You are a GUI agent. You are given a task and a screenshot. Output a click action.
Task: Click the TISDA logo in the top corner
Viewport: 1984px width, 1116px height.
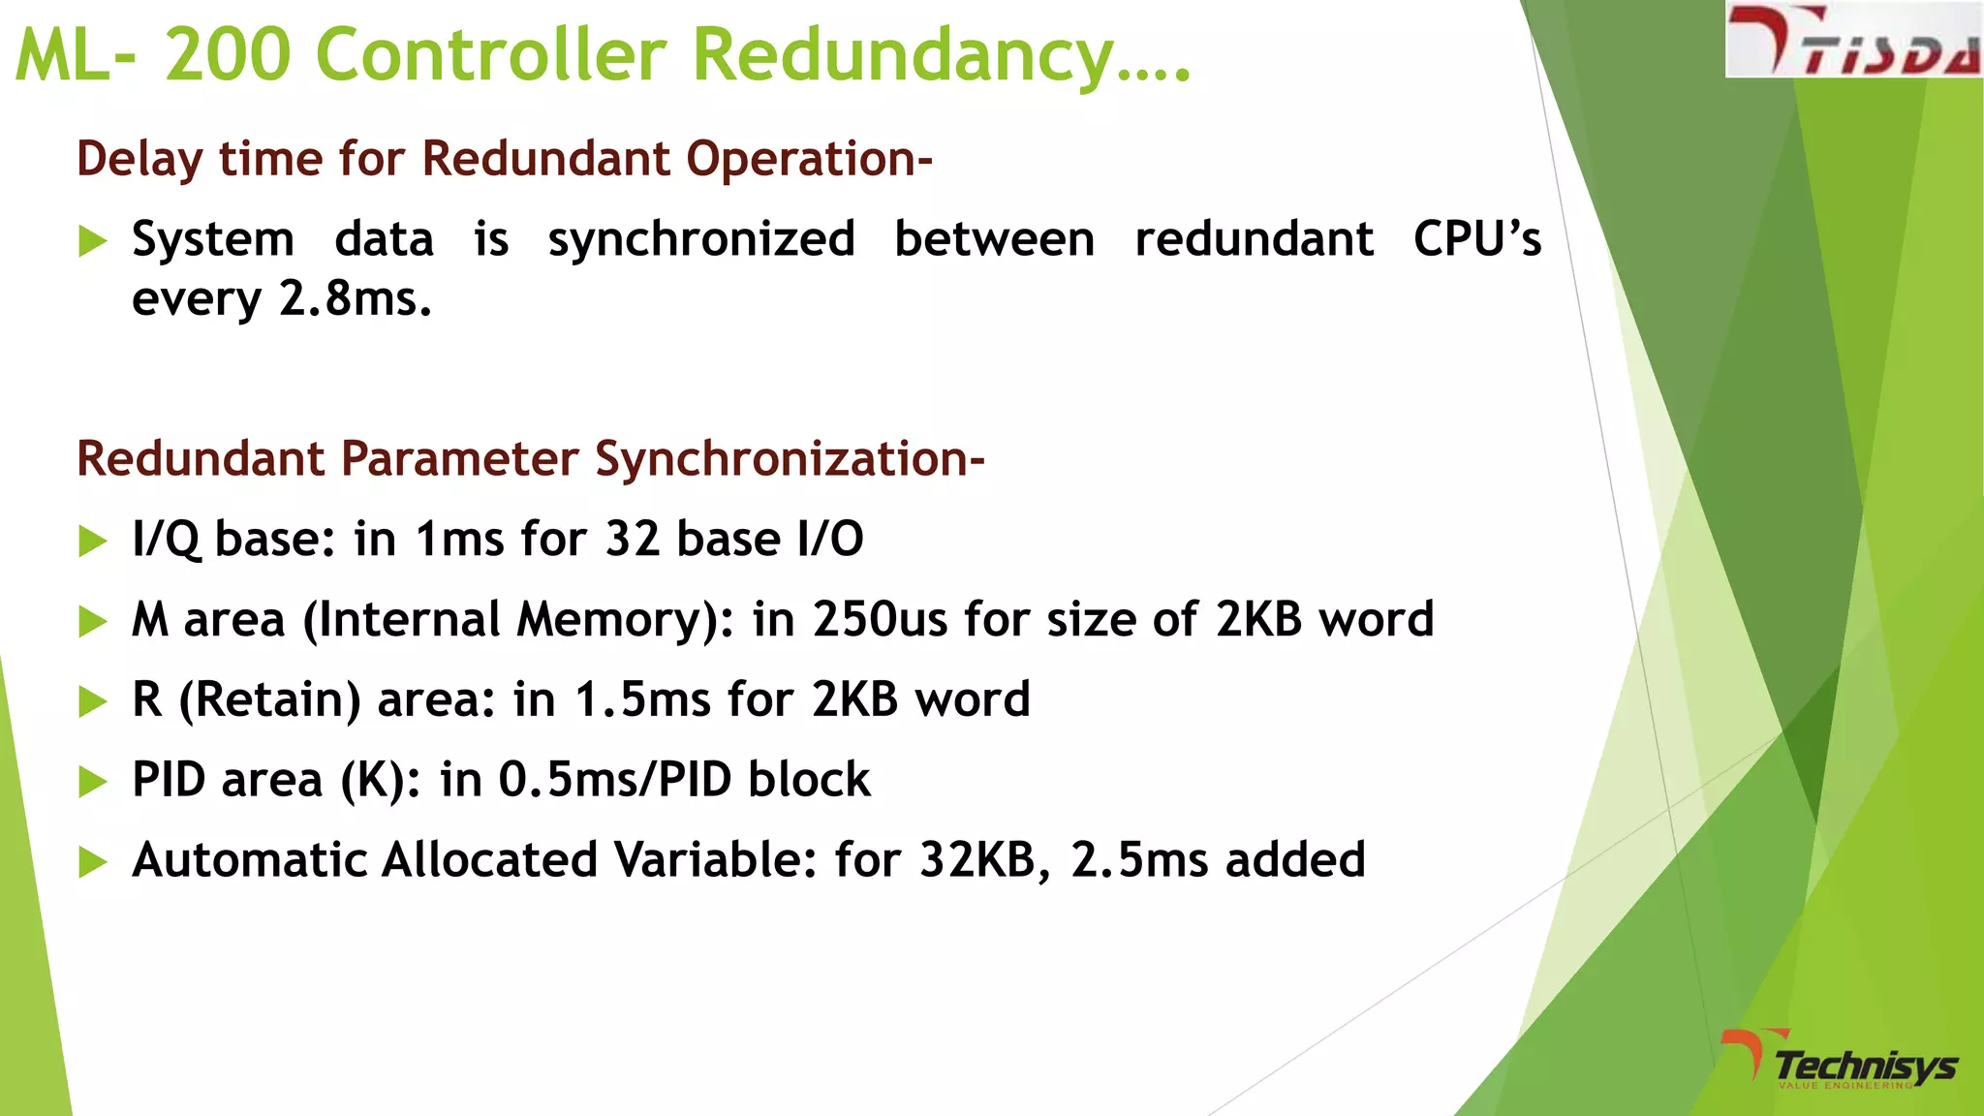(x=1852, y=41)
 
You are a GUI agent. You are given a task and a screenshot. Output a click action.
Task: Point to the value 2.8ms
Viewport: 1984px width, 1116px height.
(x=355, y=298)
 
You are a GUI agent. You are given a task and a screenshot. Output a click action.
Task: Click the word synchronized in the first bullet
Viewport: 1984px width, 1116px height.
(x=701, y=240)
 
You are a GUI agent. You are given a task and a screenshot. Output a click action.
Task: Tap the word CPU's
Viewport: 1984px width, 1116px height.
(x=1476, y=239)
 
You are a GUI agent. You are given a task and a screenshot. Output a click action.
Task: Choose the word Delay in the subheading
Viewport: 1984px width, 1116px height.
(x=139, y=159)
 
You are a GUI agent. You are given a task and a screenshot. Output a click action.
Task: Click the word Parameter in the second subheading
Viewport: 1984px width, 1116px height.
(x=458, y=459)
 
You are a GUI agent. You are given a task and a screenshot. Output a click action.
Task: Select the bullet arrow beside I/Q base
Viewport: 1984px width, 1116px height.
(x=92, y=541)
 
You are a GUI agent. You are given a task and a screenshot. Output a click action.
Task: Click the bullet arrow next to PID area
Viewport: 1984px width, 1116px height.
(x=92, y=781)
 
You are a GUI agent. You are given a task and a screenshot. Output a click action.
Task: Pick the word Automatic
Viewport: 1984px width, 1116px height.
(x=248, y=860)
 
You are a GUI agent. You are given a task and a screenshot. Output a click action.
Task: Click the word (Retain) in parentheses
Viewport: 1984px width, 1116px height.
(x=270, y=700)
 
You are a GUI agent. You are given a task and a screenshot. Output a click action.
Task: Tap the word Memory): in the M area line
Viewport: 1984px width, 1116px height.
(x=625, y=620)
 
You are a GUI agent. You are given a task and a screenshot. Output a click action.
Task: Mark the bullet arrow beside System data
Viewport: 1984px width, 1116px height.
(x=92, y=240)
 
